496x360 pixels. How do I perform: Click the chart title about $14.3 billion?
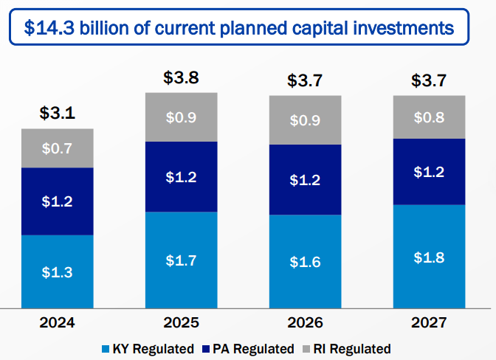pyautogui.click(x=238, y=29)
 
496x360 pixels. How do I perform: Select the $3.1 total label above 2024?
pyautogui.click(x=58, y=114)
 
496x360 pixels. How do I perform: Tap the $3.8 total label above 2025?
pyautogui.click(x=182, y=78)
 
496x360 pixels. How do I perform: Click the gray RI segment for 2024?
pyautogui.click(x=58, y=148)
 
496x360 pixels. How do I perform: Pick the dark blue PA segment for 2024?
pyautogui.click(x=58, y=201)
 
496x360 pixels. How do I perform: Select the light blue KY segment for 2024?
pyautogui.click(x=58, y=271)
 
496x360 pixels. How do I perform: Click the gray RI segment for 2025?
pyautogui.click(x=182, y=117)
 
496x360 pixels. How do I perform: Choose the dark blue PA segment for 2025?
pyautogui.click(x=182, y=177)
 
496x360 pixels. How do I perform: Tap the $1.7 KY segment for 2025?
pyautogui.click(x=182, y=260)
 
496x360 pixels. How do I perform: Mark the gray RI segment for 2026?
pyautogui.click(x=306, y=120)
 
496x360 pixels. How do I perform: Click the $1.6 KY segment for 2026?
pyautogui.click(x=306, y=261)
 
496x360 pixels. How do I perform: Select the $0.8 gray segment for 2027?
pyautogui.click(x=430, y=117)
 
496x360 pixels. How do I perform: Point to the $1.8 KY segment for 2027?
pyautogui.click(x=430, y=256)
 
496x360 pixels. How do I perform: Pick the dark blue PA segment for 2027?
pyautogui.click(x=430, y=172)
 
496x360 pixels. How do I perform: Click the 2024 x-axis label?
pyautogui.click(x=58, y=322)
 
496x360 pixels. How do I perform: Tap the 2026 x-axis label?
pyautogui.click(x=306, y=322)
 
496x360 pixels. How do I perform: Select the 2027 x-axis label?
pyautogui.click(x=430, y=322)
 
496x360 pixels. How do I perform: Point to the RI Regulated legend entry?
pyautogui.click(x=345, y=348)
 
